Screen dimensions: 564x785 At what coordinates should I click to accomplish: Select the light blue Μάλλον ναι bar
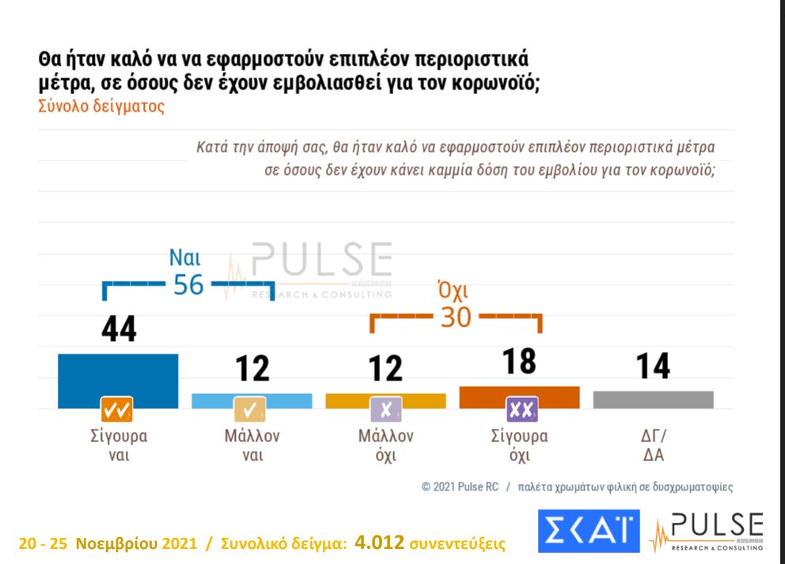(x=252, y=399)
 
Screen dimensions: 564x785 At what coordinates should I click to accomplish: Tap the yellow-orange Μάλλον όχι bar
(x=385, y=399)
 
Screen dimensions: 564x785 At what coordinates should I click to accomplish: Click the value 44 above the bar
(x=119, y=329)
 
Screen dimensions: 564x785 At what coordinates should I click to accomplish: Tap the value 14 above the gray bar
(x=653, y=366)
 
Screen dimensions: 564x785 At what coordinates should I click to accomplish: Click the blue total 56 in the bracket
(x=188, y=285)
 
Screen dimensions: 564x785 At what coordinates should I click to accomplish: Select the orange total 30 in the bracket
(x=455, y=317)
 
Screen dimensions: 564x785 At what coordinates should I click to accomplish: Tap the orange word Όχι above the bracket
(x=454, y=290)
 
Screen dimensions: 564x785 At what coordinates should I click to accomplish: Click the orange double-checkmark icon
(x=117, y=410)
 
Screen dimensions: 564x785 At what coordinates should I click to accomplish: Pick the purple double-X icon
(x=521, y=410)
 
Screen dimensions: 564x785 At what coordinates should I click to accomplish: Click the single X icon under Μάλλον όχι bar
(x=385, y=410)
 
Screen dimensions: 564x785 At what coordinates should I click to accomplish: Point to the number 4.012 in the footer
(x=380, y=543)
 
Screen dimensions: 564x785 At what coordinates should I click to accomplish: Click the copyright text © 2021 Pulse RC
(x=460, y=487)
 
